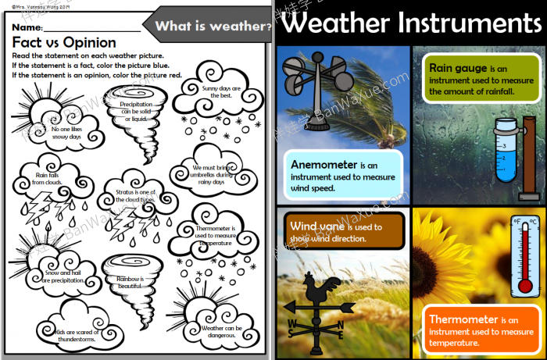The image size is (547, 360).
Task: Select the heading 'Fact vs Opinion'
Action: [64, 43]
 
